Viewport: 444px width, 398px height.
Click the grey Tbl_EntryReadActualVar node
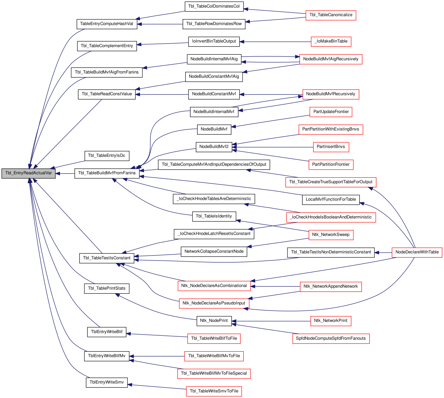tap(28, 173)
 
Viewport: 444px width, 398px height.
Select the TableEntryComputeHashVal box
tap(107, 24)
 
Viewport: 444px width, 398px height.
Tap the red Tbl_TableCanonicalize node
tap(331, 15)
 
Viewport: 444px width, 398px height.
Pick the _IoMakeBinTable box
tap(331, 42)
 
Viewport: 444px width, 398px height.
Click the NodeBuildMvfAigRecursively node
tap(331, 59)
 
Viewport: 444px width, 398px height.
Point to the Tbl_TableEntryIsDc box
tap(107, 156)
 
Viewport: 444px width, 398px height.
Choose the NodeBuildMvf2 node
tap(214, 147)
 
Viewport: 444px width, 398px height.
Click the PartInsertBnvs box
tap(331, 147)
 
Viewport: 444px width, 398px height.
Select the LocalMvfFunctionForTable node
tap(331, 200)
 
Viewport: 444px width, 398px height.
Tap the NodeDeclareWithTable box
tap(417, 252)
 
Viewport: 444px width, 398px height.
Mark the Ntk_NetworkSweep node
tap(331, 235)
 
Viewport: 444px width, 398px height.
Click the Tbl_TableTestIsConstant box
tap(107, 258)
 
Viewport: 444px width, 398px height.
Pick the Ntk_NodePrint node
tap(214, 321)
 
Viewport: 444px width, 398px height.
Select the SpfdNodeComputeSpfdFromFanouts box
tap(331, 338)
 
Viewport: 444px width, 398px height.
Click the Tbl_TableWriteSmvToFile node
tap(214, 391)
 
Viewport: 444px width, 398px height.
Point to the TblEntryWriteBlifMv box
tap(107, 356)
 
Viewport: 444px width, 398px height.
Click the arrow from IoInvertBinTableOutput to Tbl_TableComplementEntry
tap(163, 44)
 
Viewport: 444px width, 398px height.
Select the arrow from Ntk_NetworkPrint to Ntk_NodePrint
tap(271, 321)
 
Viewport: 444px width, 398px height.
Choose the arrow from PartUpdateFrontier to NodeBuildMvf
tap(270, 121)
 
